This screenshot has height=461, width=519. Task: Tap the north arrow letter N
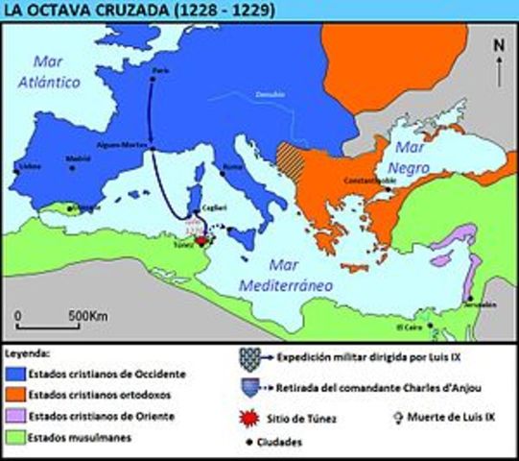click(x=498, y=44)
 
